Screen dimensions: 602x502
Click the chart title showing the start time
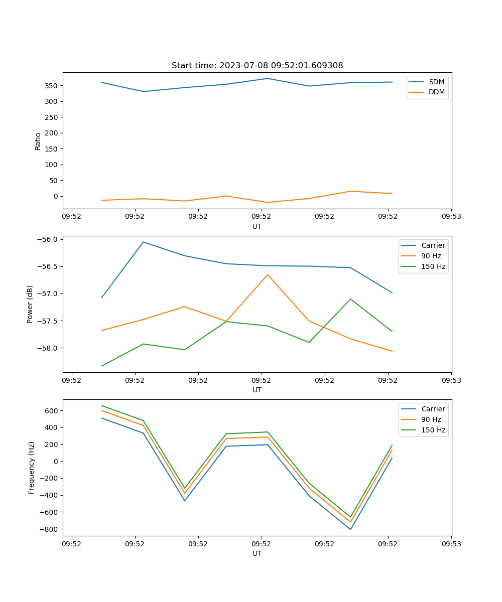tap(257, 66)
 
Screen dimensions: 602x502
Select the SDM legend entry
tap(436, 82)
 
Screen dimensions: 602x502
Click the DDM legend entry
tap(436, 92)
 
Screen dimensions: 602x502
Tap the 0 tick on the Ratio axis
tap(56, 196)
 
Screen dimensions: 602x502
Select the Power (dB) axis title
tap(30, 304)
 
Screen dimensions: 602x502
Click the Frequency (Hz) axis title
tap(31, 468)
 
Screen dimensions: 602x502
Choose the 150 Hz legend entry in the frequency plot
tap(433, 430)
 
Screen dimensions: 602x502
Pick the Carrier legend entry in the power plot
tap(433, 245)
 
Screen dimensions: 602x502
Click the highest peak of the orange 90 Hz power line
tap(268, 274)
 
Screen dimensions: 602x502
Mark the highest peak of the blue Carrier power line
tap(143, 242)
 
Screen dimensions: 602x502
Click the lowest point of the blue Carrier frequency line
tap(350, 529)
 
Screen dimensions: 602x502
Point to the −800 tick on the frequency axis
tap(50, 529)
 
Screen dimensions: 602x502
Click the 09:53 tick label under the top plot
tap(451, 217)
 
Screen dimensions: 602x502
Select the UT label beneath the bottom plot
tap(257, 553)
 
